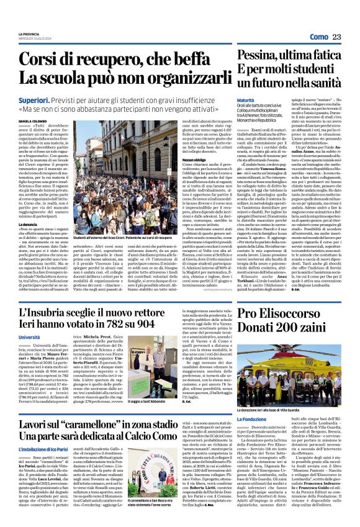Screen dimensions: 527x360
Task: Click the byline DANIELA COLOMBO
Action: (x=32, y=121)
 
